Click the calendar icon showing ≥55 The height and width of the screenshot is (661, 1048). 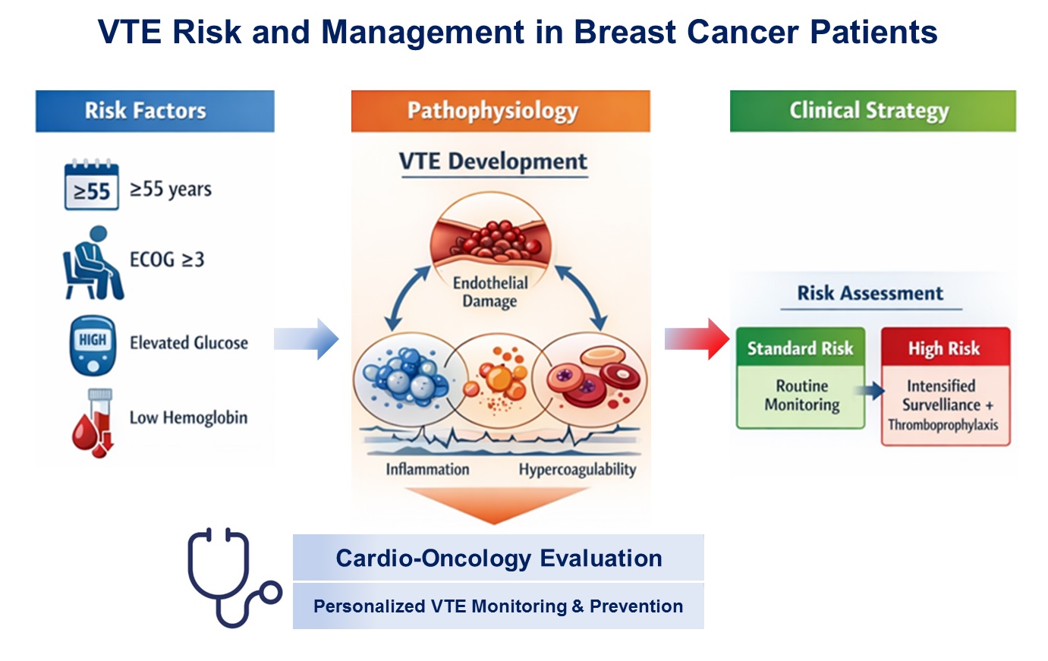91,185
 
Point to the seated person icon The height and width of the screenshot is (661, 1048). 92,263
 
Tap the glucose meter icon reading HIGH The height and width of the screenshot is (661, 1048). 93,345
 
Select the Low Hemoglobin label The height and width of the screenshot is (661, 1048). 188,417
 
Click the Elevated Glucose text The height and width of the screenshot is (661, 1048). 188,343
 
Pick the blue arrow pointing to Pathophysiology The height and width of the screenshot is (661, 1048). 306,338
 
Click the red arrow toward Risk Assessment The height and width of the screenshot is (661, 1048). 697,338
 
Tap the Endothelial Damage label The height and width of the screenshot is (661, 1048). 490,292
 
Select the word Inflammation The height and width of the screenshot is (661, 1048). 427,469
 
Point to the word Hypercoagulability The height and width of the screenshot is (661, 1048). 577,470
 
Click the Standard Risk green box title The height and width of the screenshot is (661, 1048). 800,348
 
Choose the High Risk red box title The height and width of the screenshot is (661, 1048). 944,348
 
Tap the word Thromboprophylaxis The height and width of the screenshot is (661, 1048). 943,425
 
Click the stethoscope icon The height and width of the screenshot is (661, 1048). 231,578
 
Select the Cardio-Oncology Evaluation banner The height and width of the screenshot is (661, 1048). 499,559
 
